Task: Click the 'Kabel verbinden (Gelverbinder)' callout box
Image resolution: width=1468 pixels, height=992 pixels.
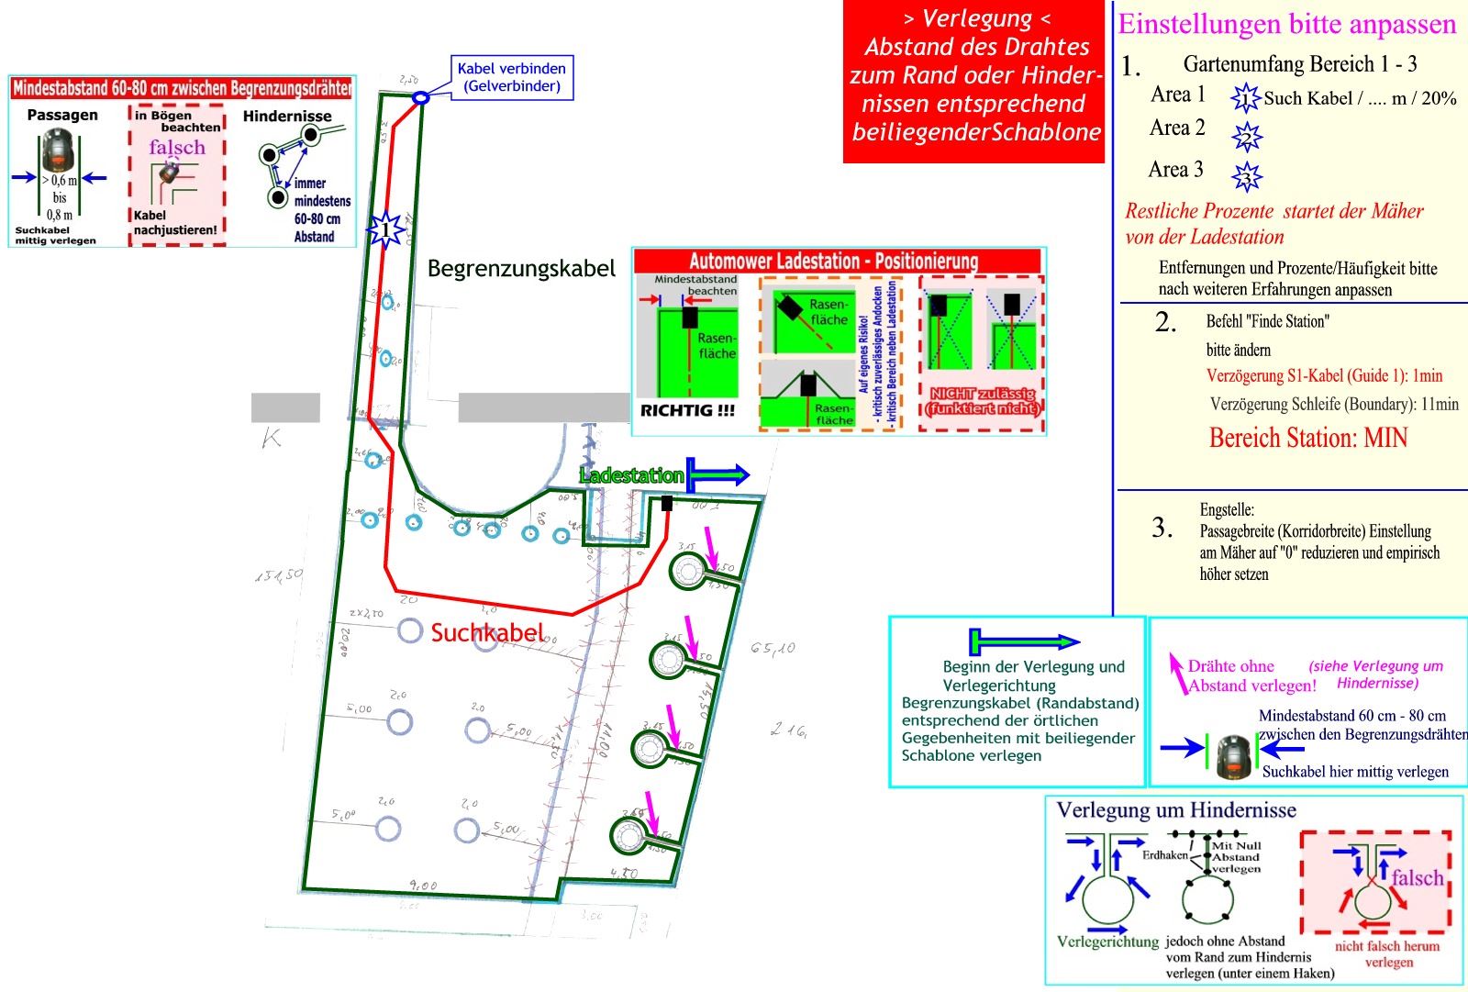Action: coord(512,77)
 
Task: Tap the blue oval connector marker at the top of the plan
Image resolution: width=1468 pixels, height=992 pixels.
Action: coord(421,97)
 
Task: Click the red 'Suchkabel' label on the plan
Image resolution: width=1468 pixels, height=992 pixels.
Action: coord(487,632)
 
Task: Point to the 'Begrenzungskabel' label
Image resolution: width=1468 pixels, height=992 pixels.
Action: coord(521,269)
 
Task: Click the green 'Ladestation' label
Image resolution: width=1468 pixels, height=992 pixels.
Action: coord(631,475)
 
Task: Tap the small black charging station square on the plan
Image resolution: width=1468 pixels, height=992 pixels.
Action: coord(667,504)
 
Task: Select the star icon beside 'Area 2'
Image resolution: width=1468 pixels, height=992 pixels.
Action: coord(1247,136)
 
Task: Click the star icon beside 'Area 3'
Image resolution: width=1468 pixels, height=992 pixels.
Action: coord(1247,175)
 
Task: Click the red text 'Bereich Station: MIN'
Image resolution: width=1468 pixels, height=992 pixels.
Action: coord(1308,438)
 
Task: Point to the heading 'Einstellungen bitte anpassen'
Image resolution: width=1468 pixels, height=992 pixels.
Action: coord(1286,24)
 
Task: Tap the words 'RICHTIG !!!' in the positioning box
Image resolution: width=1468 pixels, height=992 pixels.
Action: coord(687,411)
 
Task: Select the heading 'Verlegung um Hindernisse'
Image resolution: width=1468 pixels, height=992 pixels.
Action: coord(1176,810)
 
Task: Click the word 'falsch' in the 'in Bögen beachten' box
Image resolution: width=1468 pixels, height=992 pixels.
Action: coord(177,148)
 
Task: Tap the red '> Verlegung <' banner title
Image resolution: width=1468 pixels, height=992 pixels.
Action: coord(977,18)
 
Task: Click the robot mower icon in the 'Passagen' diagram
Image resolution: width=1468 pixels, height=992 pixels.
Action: coord(60,150)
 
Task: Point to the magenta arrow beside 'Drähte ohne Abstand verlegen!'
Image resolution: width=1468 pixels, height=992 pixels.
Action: coord(1176,673)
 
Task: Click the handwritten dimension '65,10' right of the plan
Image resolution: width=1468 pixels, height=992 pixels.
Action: coord(773,649)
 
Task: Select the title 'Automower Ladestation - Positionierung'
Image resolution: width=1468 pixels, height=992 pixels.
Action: coord(834,262)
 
